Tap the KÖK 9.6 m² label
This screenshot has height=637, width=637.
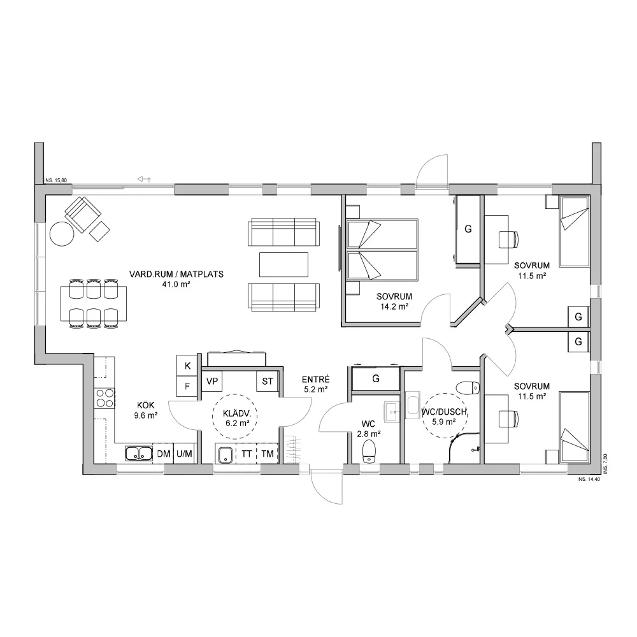146,410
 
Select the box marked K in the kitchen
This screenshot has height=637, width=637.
187,366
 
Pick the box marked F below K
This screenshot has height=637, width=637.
187,386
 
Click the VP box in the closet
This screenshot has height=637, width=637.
212,381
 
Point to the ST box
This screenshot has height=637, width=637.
268,381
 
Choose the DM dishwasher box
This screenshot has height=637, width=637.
163,454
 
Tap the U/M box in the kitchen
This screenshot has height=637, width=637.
184,454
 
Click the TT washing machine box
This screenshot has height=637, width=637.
246,454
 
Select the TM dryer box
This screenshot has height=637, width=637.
268,454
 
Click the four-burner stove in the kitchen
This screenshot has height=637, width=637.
105,398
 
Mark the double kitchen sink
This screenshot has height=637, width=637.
138,454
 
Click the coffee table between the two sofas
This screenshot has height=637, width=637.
283,264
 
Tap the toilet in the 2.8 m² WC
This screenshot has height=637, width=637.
369,452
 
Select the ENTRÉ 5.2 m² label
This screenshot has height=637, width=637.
316,384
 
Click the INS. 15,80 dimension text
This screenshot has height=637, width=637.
55,180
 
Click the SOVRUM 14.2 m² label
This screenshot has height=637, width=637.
394,301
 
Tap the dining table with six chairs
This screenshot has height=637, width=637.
94,303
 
